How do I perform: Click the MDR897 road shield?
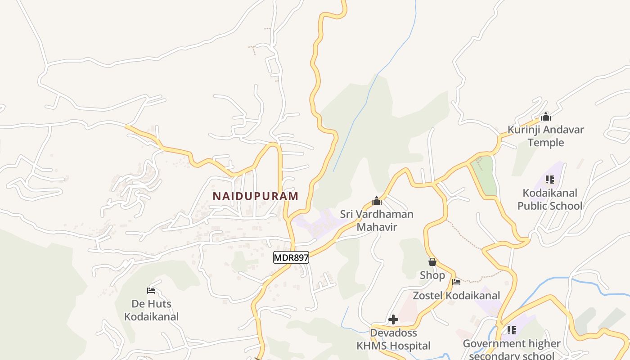291,258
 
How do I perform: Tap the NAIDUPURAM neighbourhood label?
255,196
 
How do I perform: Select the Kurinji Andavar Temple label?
546,136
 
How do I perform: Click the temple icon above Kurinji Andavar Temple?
546,117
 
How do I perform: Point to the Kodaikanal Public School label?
549,199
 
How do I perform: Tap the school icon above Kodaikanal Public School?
549,180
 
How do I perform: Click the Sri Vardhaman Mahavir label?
377,220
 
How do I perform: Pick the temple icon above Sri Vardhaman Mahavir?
377,201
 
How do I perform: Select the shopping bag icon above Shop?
432,262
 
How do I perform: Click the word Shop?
432,275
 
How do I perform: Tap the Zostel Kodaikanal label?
456,296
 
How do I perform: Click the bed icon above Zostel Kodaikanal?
456,283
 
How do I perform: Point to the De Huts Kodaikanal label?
151,310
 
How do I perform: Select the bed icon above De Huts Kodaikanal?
151,291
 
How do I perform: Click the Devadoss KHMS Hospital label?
393,339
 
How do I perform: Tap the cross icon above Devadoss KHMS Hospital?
393,319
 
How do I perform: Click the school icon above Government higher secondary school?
512,330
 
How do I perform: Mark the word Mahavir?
377,227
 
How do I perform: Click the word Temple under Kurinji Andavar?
546,143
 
